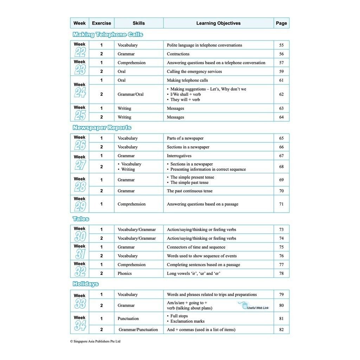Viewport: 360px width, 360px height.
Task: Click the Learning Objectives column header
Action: click(x=218, y=23)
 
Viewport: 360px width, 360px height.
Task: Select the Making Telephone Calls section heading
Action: click(x=108, y=34)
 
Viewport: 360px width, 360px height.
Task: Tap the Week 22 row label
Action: click(x=80, y=50)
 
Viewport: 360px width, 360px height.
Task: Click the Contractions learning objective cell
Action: click(x=178, y=54)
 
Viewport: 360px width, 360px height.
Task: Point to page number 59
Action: click(x=281, y=71)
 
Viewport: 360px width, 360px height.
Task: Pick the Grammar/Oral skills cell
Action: click(x=130, y=94)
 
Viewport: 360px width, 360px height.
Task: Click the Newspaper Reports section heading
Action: click(x=102, y=128)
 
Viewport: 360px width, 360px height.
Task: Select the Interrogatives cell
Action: click(x=179, y=156)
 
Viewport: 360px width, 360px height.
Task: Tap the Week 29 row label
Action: click(x=80, y=204)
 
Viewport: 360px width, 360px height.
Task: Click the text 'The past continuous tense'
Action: click(x=189, y=191)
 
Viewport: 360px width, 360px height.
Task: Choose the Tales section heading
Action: click(x=81, y=219)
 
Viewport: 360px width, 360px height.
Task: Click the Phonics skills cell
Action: click(x=124, y=273)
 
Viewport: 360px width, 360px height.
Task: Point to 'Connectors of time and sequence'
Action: click(x=196, y=247)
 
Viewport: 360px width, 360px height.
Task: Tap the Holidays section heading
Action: click(x=85, y=284)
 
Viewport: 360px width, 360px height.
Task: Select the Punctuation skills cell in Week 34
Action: click(x=128, y=319)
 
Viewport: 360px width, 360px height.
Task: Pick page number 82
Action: click(x=281, y=329)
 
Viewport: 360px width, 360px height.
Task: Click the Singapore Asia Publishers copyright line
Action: click(x=95, y=341)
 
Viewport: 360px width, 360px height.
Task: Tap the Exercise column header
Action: click(x=101, y=23)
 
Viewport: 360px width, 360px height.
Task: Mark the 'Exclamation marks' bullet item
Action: click(x=187, y=321)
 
